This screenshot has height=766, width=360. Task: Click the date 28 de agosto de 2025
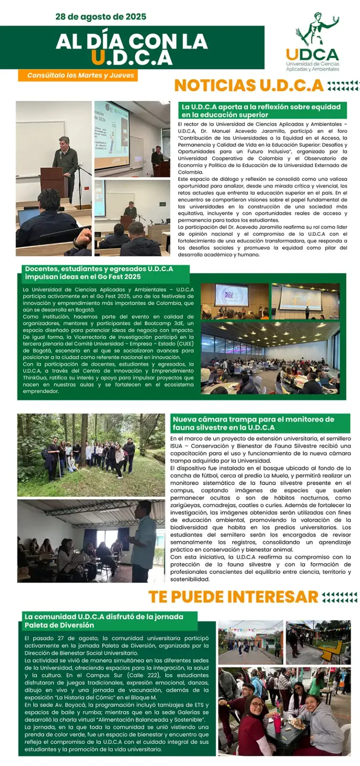[x=101, y=17]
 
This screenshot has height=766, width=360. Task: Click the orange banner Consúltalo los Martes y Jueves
[x=80, y=75]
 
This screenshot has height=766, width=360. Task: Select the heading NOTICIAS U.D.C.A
[x=249, y=85]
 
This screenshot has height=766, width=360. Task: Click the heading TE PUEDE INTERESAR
[x=233, y=597]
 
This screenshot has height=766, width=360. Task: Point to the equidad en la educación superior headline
[x=261, y=111]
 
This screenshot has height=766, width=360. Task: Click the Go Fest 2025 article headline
[x=99, y=273]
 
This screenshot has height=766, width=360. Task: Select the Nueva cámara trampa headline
[x=254, y=423]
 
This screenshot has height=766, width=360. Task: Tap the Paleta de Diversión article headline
[x=104, y=621]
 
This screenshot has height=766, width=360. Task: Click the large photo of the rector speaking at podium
[x=53, y=178]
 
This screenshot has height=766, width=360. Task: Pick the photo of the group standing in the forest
[x=91, y=455]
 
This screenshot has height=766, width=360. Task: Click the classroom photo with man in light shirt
[x=91, y=541]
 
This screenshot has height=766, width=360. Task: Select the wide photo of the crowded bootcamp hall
[x=270, y=357]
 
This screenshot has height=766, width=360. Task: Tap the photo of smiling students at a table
[x=284, y=712]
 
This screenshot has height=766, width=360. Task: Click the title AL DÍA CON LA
[x=132, y=42]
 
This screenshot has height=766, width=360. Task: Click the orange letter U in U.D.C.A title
[x=98, y=58]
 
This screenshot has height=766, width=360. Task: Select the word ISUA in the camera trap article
[x=176, y=446]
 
